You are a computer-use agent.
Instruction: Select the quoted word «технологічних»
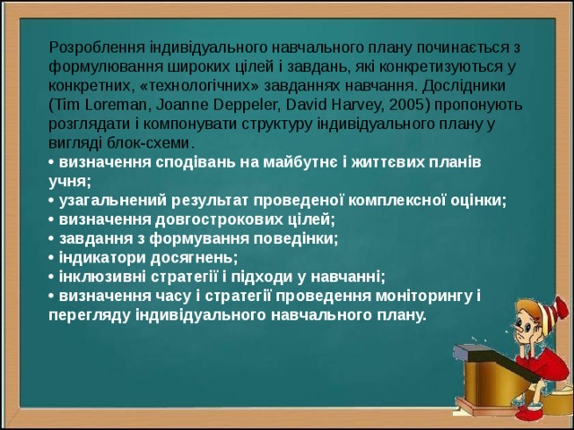pyautogui.click(x=191, y=88)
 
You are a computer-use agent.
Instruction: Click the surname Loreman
pyautogui.click(x=112, y=105)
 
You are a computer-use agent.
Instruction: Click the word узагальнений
pyautogui.click(x=109, y=201)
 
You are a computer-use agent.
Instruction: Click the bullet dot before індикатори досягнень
pyautogui.click(x=51, y=258)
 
